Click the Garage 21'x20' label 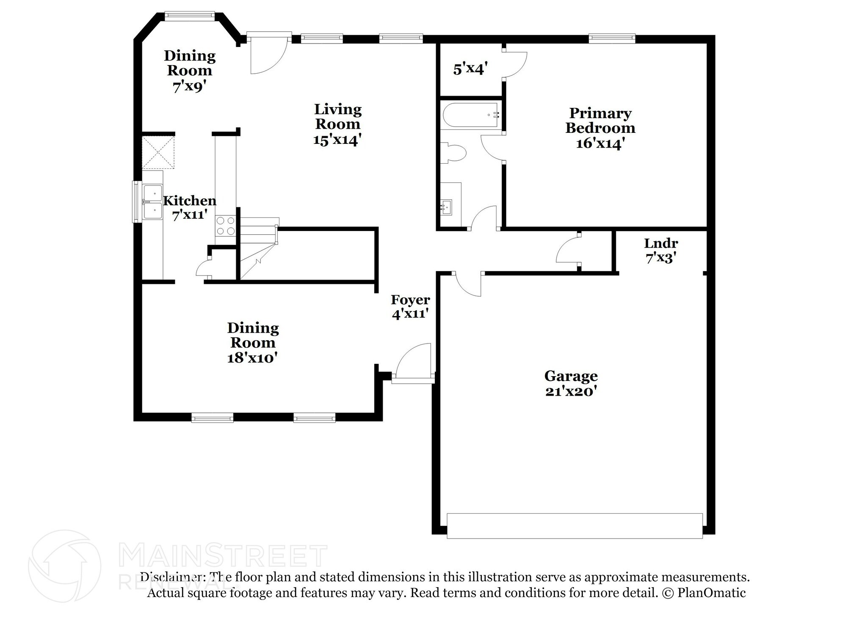click(571, 383)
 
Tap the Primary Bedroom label click(600, 128)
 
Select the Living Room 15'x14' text click(337, 124)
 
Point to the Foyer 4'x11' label click(410, 306)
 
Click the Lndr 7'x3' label click(660, 250)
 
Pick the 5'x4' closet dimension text click(471, 69)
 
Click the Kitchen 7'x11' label click(190, 207)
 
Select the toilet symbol click(454, 153)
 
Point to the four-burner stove click(225, 226)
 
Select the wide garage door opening click(574, 525)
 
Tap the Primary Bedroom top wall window click(612, 39)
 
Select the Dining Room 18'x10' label click(253, 342)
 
